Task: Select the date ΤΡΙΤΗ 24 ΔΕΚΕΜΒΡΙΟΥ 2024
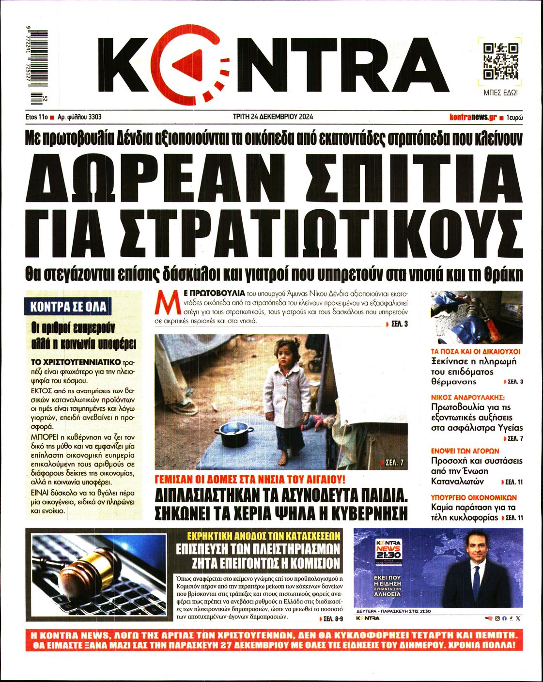coord(273,117)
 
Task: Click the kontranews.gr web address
coord(473,117)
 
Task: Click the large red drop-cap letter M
coord(164,304)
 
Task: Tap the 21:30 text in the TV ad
coord(388,555)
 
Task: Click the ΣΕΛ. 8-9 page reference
coord(332,619)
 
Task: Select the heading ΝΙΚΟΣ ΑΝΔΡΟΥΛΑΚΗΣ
coord(467,397)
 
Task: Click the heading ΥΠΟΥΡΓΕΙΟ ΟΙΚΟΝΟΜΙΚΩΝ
coord(474,497)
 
